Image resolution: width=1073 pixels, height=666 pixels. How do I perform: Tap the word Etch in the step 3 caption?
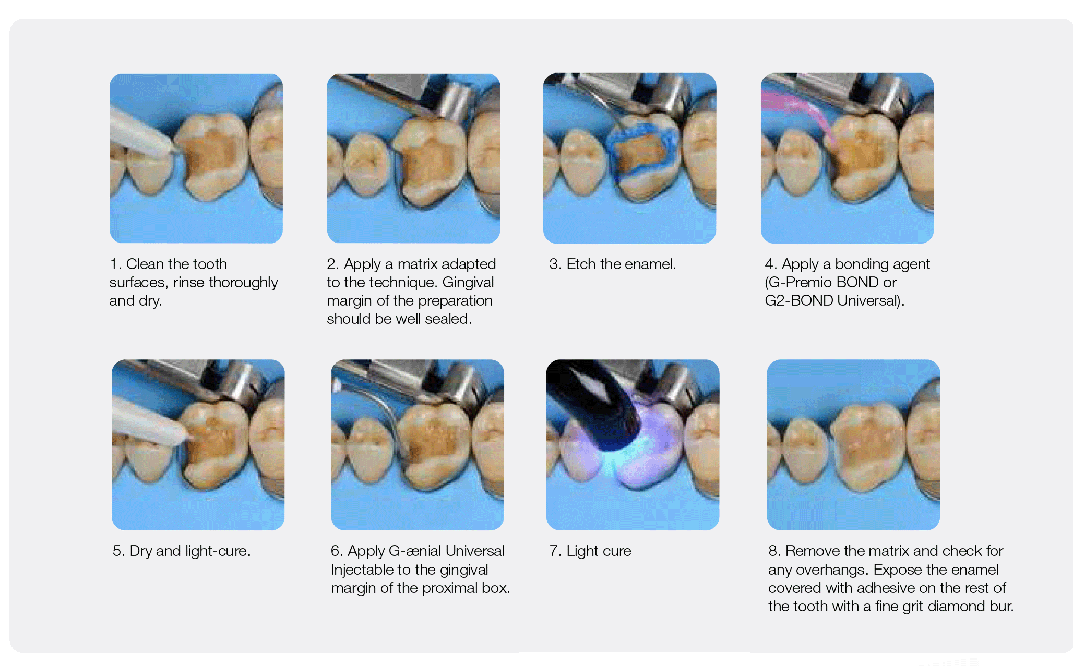pos(581,264)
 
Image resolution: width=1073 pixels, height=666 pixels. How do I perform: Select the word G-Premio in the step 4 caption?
pos(801,282)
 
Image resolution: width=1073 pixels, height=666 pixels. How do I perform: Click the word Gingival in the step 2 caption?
pos(468,283)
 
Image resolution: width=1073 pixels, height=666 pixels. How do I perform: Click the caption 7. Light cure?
pos(590,551)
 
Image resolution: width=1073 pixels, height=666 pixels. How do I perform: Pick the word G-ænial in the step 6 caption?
pos(415,551)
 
